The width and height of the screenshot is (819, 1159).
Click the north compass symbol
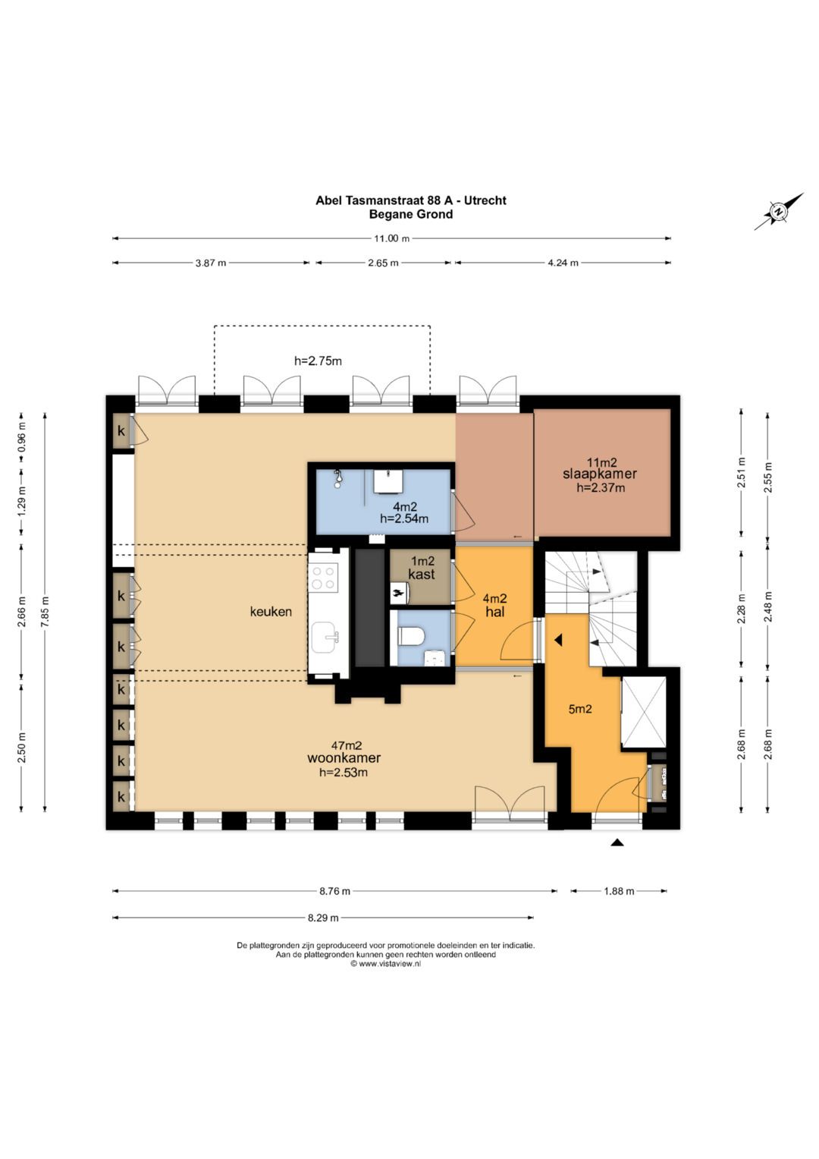(778, 212)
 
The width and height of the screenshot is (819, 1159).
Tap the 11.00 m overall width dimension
(391, 238)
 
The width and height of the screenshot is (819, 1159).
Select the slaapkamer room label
(600, 474)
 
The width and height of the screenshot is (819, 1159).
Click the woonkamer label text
(344, 758)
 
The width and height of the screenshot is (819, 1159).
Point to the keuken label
(271, 612)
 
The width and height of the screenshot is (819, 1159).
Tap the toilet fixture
(412, 636)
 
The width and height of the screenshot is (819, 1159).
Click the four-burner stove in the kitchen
(322, 578)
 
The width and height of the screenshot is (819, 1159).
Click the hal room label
(494, 612)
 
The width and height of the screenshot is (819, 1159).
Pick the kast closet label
(422, 575)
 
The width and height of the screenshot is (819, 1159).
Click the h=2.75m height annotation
(318, 361)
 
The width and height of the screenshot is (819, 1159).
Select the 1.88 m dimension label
(620, 892)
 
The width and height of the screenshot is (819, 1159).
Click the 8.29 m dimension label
(323, 918)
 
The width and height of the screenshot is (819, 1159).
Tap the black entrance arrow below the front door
(617, 842)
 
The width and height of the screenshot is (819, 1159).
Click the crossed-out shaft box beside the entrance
(644, 713)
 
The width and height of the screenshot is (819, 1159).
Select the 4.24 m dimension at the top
(563, 263)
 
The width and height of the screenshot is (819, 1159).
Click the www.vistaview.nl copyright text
(386, 964)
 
